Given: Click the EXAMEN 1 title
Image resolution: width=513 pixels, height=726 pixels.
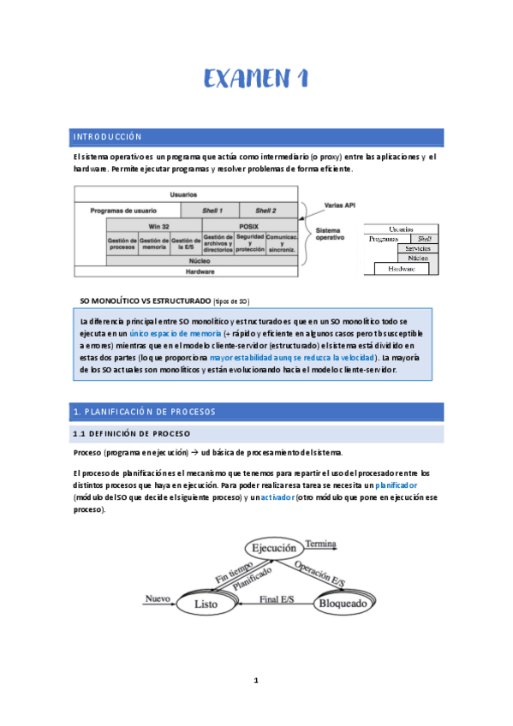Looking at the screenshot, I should tap(255, 79).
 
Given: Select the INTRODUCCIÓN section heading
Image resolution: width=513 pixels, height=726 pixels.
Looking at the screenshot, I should tap(107, 137).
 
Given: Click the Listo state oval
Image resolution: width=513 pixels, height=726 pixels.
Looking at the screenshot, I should tap(206, 603).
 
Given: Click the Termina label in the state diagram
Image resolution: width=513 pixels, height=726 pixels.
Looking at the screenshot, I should tap(320, 544).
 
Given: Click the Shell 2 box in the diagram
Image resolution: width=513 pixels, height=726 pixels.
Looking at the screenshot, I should tap(266, 210).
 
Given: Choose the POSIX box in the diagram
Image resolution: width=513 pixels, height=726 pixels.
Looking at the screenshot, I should tap(249, 226).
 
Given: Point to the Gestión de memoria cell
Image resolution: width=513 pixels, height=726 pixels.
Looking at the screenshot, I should tap(154, 245).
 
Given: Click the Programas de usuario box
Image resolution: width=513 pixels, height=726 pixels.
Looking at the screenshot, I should tap(122, 210).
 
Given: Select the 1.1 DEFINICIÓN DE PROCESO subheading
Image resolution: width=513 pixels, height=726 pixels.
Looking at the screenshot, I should tap(132, 434).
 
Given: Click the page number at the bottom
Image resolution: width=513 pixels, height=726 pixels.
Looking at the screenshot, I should tap(255, 681).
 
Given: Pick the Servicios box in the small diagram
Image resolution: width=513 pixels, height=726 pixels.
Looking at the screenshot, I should tap(417, 248).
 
